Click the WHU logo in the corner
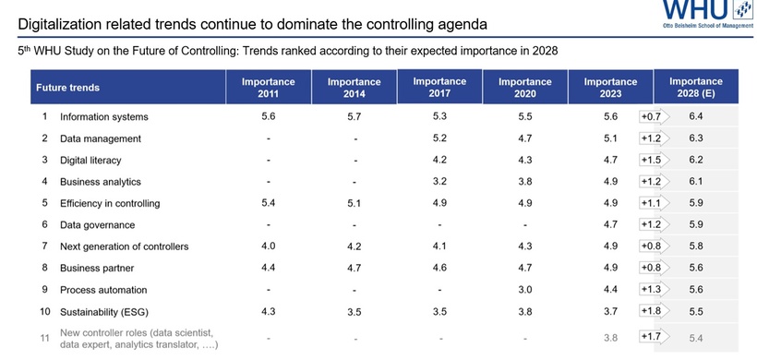[705, 16]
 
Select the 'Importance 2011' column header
[268, 88]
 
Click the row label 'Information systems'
[103, 117]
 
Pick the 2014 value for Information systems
[354, 117]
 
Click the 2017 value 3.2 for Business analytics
[439, 181]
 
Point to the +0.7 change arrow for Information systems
[653, 117]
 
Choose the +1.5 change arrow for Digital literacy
[653, 160]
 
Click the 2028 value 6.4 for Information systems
[697, 117]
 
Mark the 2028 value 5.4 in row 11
[697, 337]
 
